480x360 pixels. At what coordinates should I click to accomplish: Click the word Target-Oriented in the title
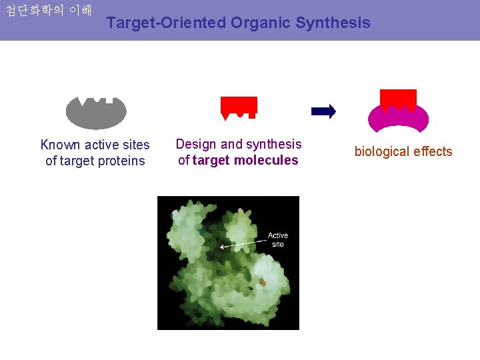166,23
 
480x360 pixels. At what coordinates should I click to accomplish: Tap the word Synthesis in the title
333,23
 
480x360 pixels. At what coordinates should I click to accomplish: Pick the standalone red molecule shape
239,107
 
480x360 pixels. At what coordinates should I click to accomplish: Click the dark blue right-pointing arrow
324,111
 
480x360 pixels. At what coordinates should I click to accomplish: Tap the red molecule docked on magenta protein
398,99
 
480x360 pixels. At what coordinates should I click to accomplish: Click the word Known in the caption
61,145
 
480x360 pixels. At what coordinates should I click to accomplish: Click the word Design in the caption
196,144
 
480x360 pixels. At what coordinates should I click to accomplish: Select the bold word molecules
265,160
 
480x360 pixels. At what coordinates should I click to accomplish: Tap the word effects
433,151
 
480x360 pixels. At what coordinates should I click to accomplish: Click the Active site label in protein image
277,239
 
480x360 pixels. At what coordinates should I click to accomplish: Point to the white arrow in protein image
243,243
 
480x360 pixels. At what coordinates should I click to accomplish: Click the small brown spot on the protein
263,283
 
